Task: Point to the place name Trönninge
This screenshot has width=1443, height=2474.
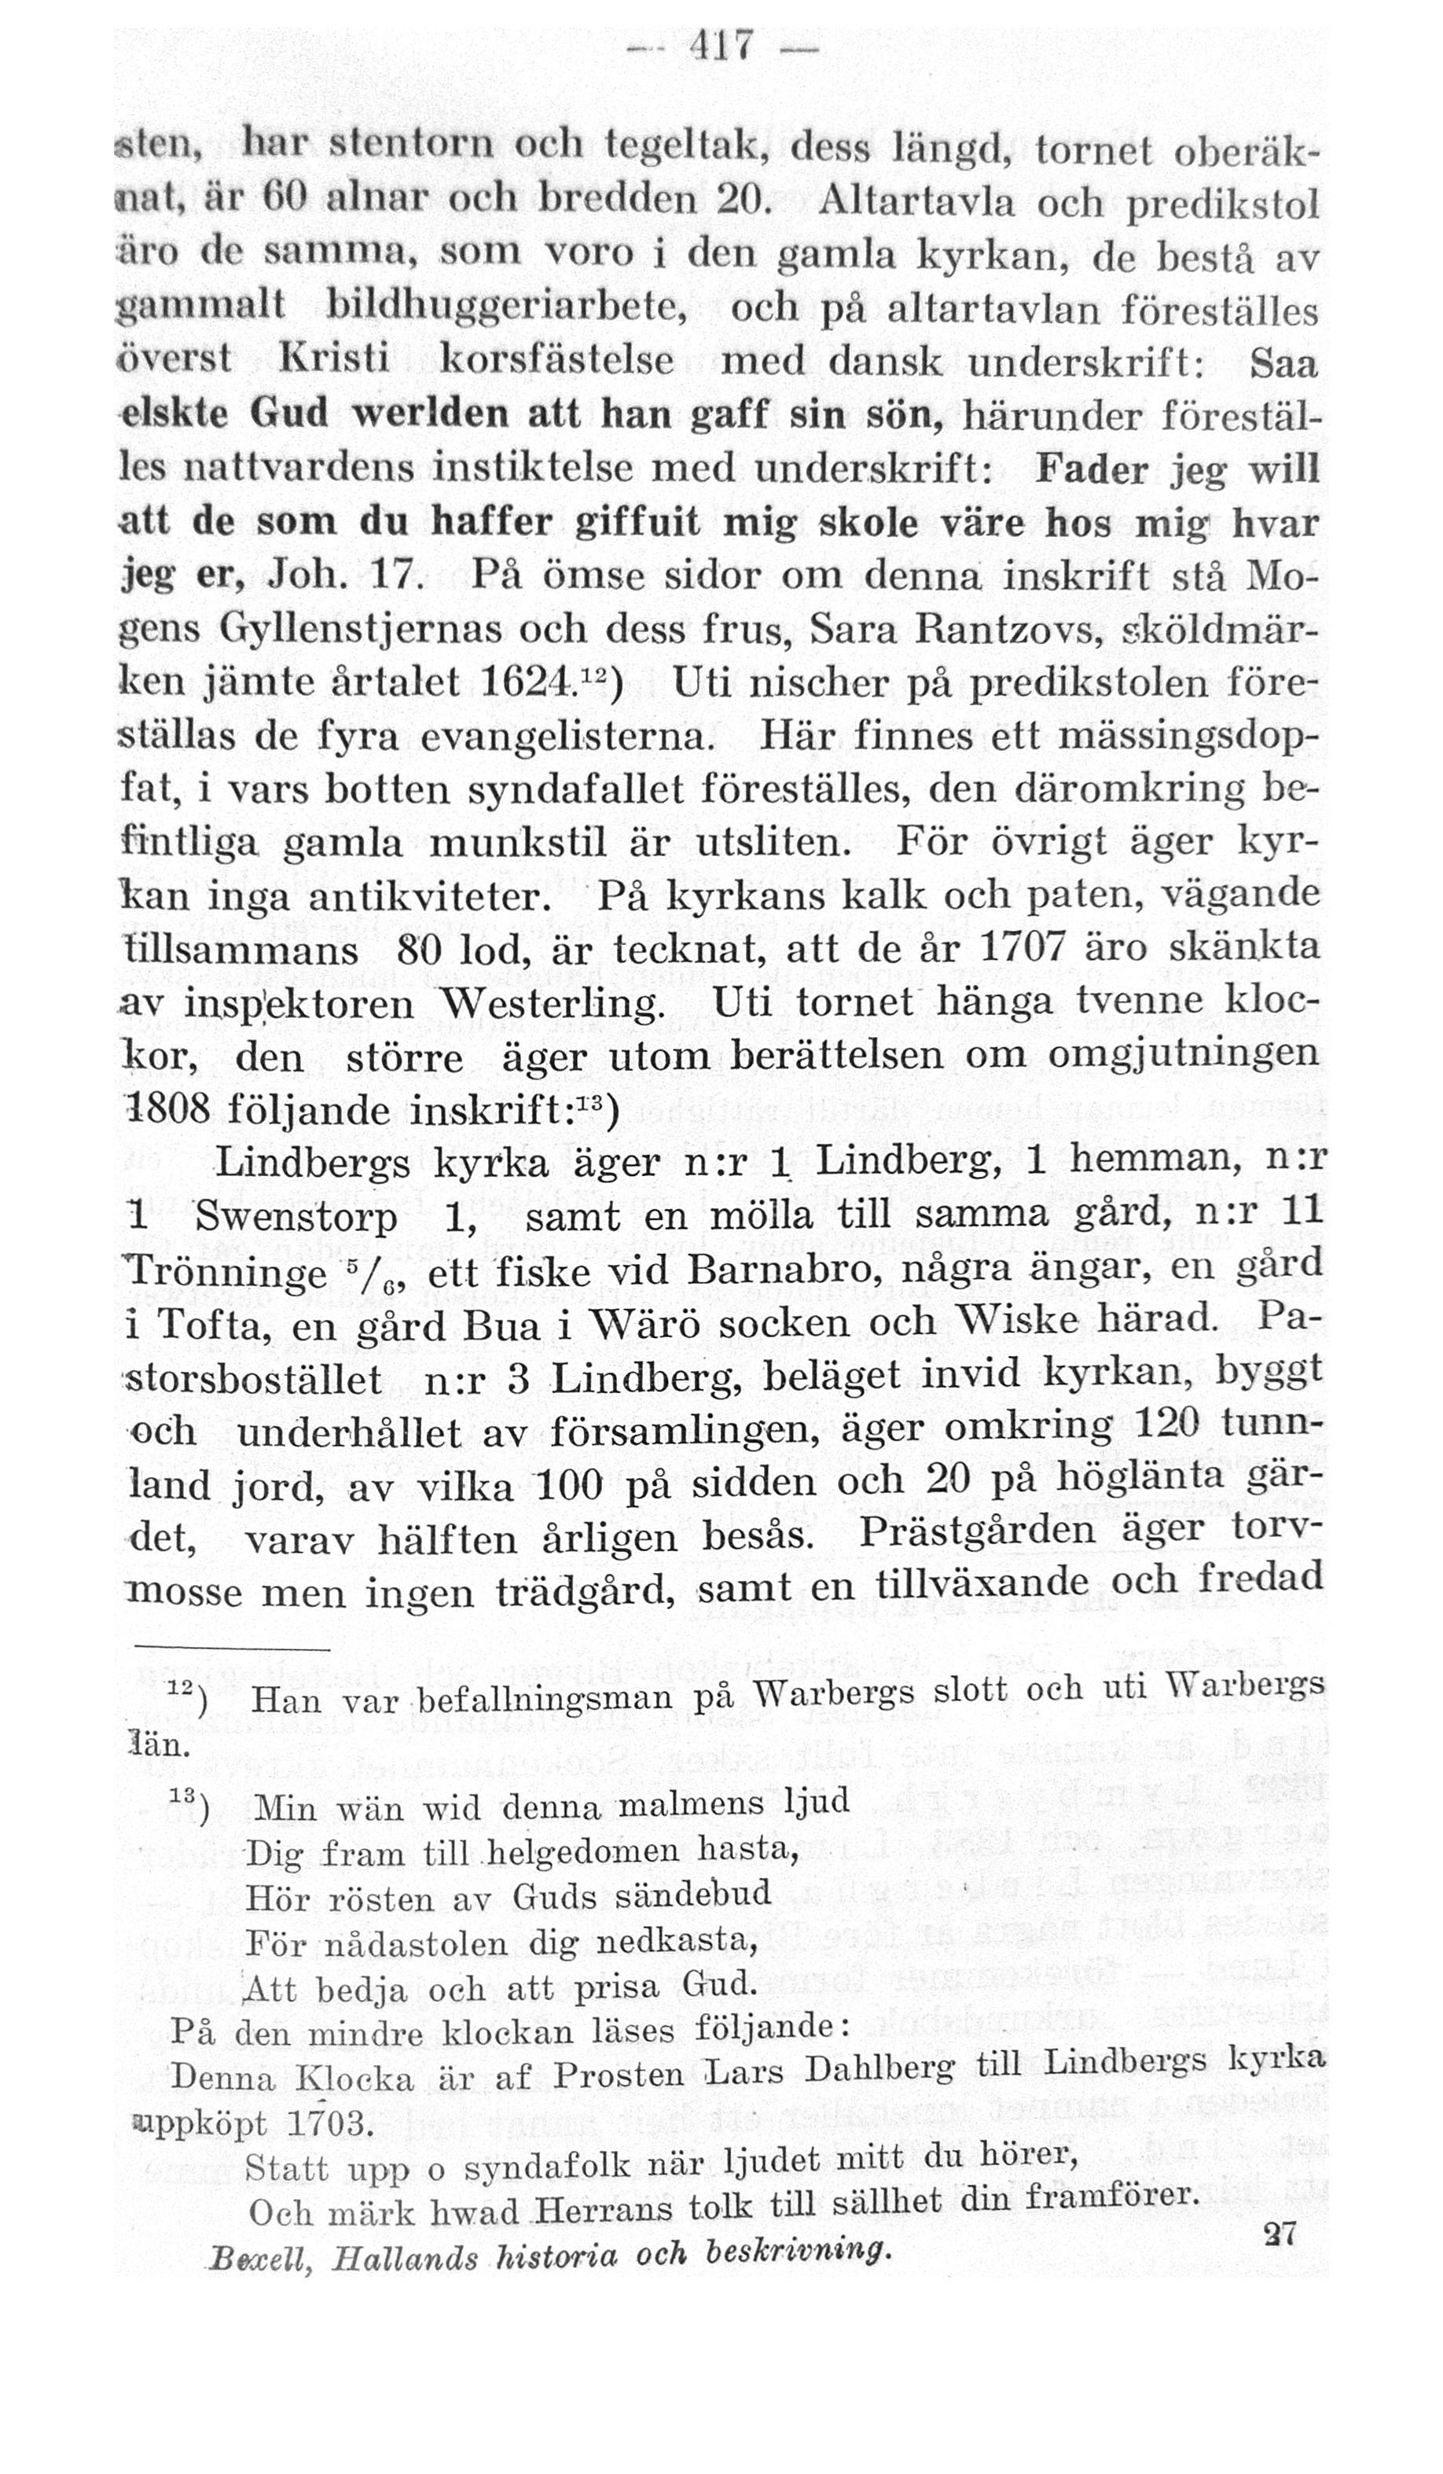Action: tap(228, 1274)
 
